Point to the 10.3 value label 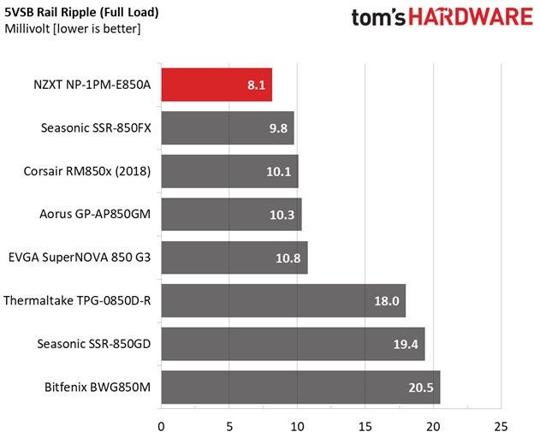[x=282, y=215]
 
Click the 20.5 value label [x=421, y=388]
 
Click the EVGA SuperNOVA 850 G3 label [x=80, y=257]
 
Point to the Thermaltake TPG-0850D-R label [x=77, y=301]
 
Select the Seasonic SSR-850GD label [x=94, y=345]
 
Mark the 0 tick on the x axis [x=161, y=425]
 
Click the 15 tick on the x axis [x=365, y=425]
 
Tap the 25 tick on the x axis [x=501, y=425]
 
